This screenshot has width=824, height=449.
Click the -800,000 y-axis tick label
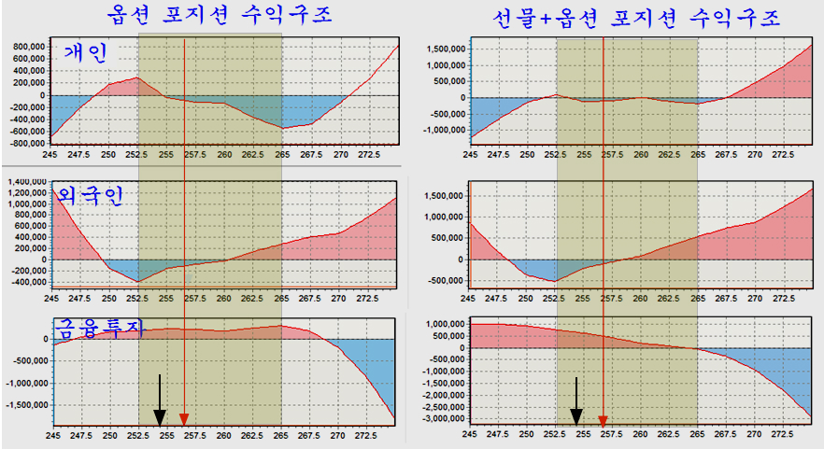pyautogui.click(x=24, y=144)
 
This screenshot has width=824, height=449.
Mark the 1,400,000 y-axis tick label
pyautogui.click(x=22, y=179)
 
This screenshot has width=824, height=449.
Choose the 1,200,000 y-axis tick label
pyautogui.click(x=22, y=191)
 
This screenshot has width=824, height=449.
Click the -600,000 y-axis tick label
pyautogui.click(x=24, y=132)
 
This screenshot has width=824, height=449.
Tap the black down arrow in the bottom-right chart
pyautogui.click(x=576, y=401)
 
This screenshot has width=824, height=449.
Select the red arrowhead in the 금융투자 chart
pyautogui.click(x=184, y=419)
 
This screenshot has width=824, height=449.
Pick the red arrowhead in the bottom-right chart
pyautogui.click(x=603, y=420)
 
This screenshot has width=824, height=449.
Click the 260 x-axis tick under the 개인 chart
pyautogui.click(x=224, y=155)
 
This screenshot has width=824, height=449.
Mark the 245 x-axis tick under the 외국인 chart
pyautogui.click(x=51, y=300)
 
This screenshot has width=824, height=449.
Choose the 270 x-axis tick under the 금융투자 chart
pyautogui.click(x=339, y=436)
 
